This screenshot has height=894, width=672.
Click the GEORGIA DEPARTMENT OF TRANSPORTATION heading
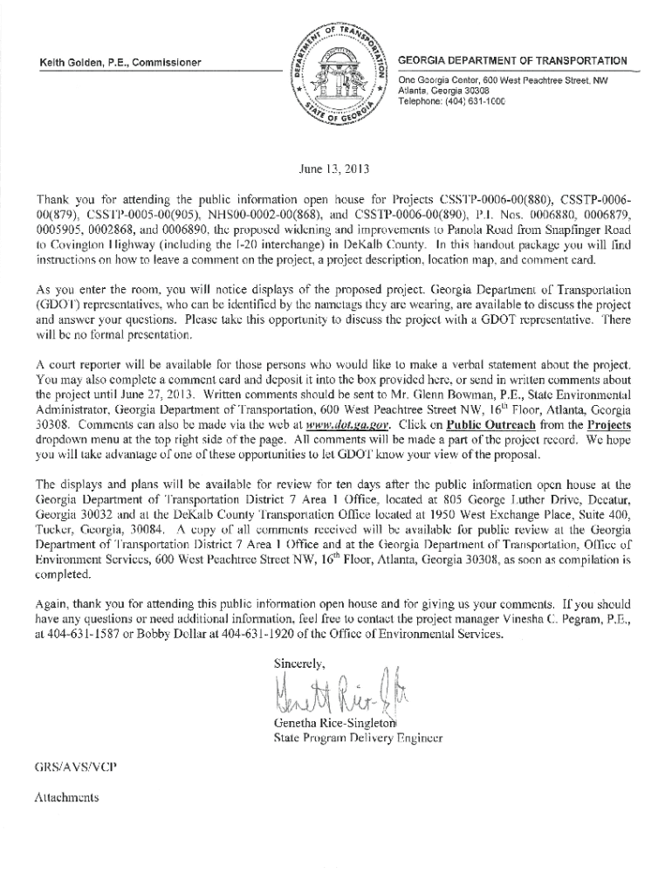click(x=511, y=61)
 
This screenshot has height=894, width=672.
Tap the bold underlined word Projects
click(x=609, y=425)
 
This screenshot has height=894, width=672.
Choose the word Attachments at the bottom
click(x=65, y=797)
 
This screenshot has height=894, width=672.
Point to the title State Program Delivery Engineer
click(x=359, y=739)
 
